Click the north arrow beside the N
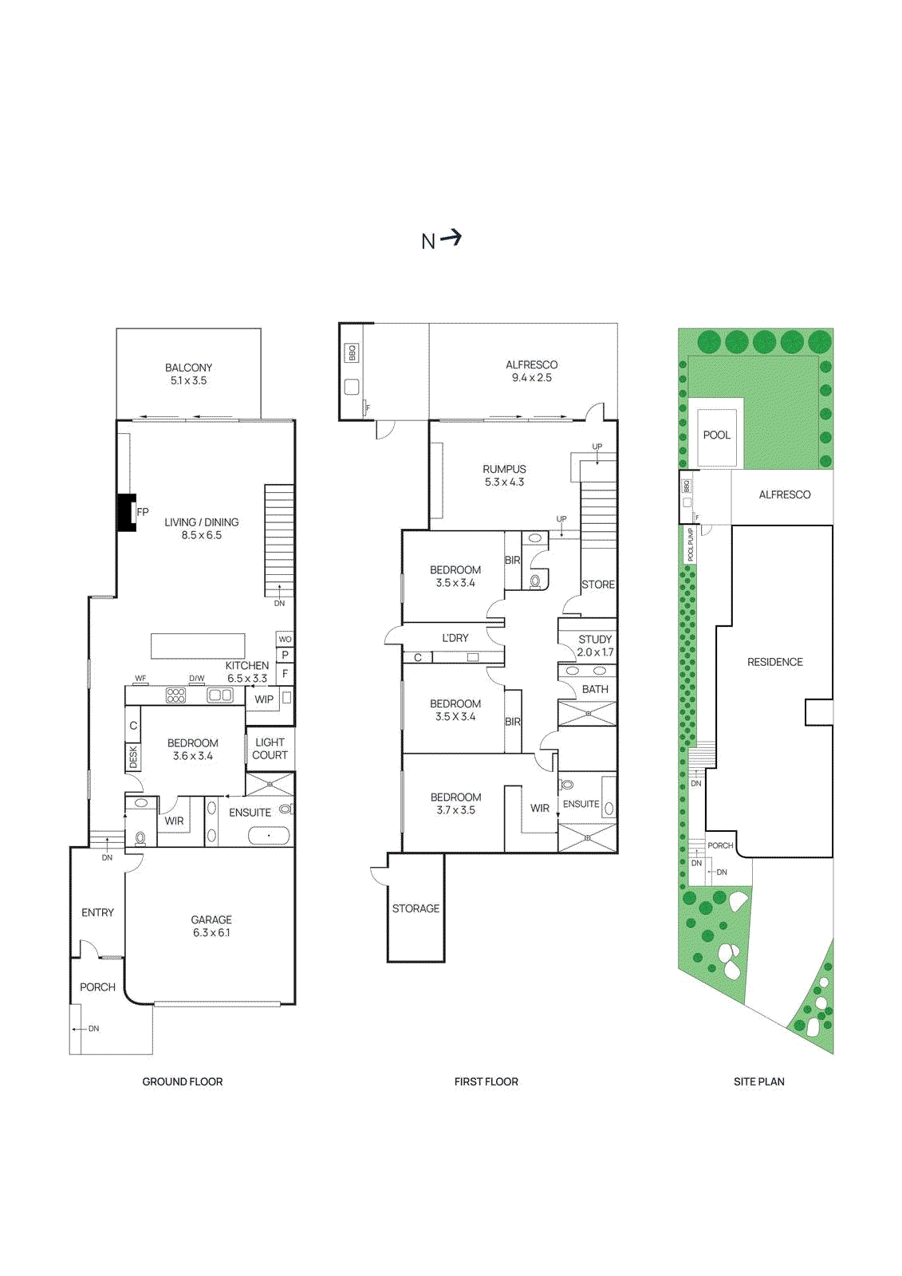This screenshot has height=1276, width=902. (452, 237)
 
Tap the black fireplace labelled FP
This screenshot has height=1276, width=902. (126, 512)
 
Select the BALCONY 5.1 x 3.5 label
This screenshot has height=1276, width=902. (188, 374)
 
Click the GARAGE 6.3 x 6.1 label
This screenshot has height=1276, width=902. (211, 926)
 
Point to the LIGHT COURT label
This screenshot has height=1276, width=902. (270, 748)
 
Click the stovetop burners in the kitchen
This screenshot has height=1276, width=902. (175, 695)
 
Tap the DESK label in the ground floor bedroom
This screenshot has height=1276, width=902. (133, 757)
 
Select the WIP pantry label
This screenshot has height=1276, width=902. (264, 699)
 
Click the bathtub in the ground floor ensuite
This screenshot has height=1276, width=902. (269, 836)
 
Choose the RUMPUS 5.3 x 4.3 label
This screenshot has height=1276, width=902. (504, 475)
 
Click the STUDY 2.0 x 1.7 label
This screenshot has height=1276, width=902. (595, 645)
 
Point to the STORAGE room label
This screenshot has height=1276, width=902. (416, 908)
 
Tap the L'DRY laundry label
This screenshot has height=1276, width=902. (455, 638)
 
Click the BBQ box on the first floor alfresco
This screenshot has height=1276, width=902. (352, 352)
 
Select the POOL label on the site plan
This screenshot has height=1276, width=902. (716, 435)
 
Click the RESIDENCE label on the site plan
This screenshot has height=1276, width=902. (774, 662)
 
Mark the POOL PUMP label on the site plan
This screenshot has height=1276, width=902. (691, 544)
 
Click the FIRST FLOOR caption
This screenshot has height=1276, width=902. (486, 1081)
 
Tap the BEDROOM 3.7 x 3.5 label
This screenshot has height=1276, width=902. (455, 803)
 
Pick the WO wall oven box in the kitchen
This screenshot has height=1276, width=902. (285, 640)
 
